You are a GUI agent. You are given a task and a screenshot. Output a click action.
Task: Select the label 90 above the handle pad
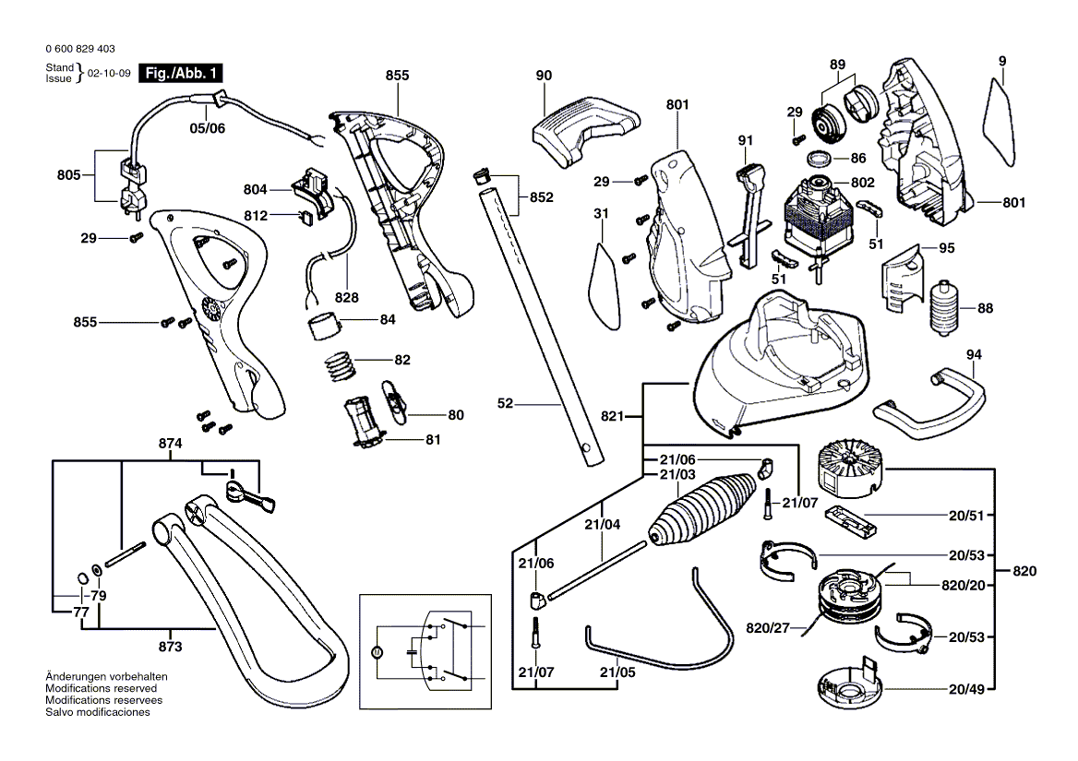(543, 75)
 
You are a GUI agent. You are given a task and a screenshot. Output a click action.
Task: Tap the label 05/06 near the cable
(207, 129)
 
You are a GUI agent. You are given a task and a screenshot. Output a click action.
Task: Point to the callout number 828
(347, 298)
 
